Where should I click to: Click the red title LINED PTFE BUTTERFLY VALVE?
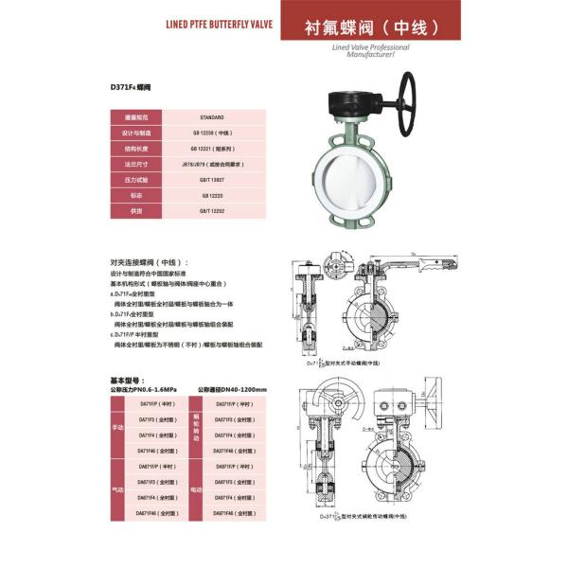tap(219, 28)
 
